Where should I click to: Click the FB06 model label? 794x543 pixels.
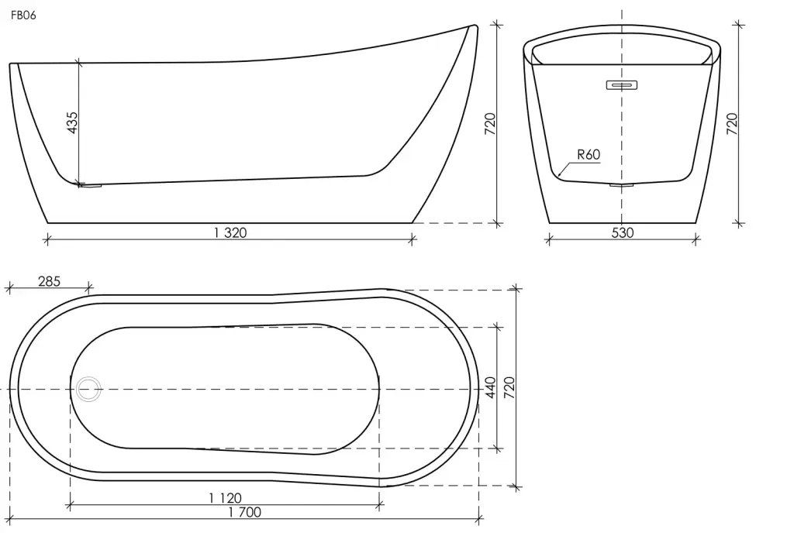click(23, 15)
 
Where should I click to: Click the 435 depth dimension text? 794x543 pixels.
click(72, 122)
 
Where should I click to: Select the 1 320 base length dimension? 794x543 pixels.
click(230, 232)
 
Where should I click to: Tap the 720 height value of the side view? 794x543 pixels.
click(490, 123)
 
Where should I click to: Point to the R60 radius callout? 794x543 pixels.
click(589, 154)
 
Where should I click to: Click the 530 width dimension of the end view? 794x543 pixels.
click(623, 232)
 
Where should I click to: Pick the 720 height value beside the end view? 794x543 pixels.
click(732, 123)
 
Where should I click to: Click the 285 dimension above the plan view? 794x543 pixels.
click(49, 281)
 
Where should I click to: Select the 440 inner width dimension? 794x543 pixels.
click(491, 387)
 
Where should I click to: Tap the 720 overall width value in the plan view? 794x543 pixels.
click(509, 387)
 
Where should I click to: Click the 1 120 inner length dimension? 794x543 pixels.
click(226, 498)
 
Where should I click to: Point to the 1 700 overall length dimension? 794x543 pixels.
click(244, 512)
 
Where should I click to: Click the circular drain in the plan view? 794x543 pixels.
click(88, 389)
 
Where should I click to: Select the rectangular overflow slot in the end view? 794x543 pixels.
click(621, 84)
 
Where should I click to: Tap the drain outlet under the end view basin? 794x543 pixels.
click(622, 186)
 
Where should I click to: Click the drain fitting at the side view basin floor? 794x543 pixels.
click(91, 186)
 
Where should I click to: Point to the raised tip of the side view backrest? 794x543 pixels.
click(475, 26)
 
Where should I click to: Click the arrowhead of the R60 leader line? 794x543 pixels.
click(559, 175)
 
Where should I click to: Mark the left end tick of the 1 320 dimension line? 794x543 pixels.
click(47, 239)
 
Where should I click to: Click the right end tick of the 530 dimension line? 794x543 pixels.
click(696, 239)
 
